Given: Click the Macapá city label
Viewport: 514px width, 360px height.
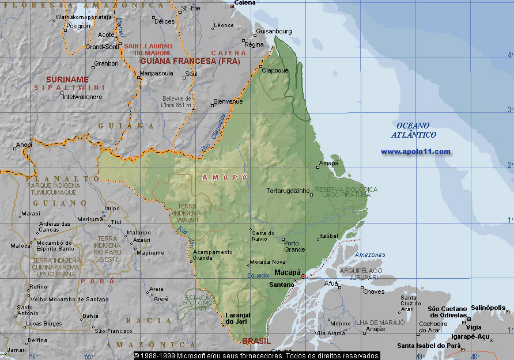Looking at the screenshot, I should (288, 272).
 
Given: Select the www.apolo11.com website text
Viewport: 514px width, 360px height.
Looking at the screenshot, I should (415, 151).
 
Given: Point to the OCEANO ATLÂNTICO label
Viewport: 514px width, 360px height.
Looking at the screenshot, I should (414, 130).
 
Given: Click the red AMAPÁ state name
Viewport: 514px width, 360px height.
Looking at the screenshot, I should (225, 178).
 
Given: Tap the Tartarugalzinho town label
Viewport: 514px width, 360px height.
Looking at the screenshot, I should (287, 191).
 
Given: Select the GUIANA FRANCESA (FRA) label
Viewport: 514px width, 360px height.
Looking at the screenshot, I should (185, 61).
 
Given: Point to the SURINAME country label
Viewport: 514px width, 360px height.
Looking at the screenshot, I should (67, 79).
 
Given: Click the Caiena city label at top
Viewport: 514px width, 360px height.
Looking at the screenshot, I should (244, 3).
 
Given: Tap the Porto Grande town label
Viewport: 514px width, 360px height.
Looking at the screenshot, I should (294, 246).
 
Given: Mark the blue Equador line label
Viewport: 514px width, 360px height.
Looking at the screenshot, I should (259, 275).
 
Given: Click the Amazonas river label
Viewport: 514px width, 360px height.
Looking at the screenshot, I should (370, 255).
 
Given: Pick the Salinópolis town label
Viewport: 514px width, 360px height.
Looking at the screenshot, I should (489, 308).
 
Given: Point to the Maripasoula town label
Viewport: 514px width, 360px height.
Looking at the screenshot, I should (156, 74).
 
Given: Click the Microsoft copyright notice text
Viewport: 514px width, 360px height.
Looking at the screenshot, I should (257, 356).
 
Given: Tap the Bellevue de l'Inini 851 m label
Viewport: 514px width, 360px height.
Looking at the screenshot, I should (177, 101).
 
